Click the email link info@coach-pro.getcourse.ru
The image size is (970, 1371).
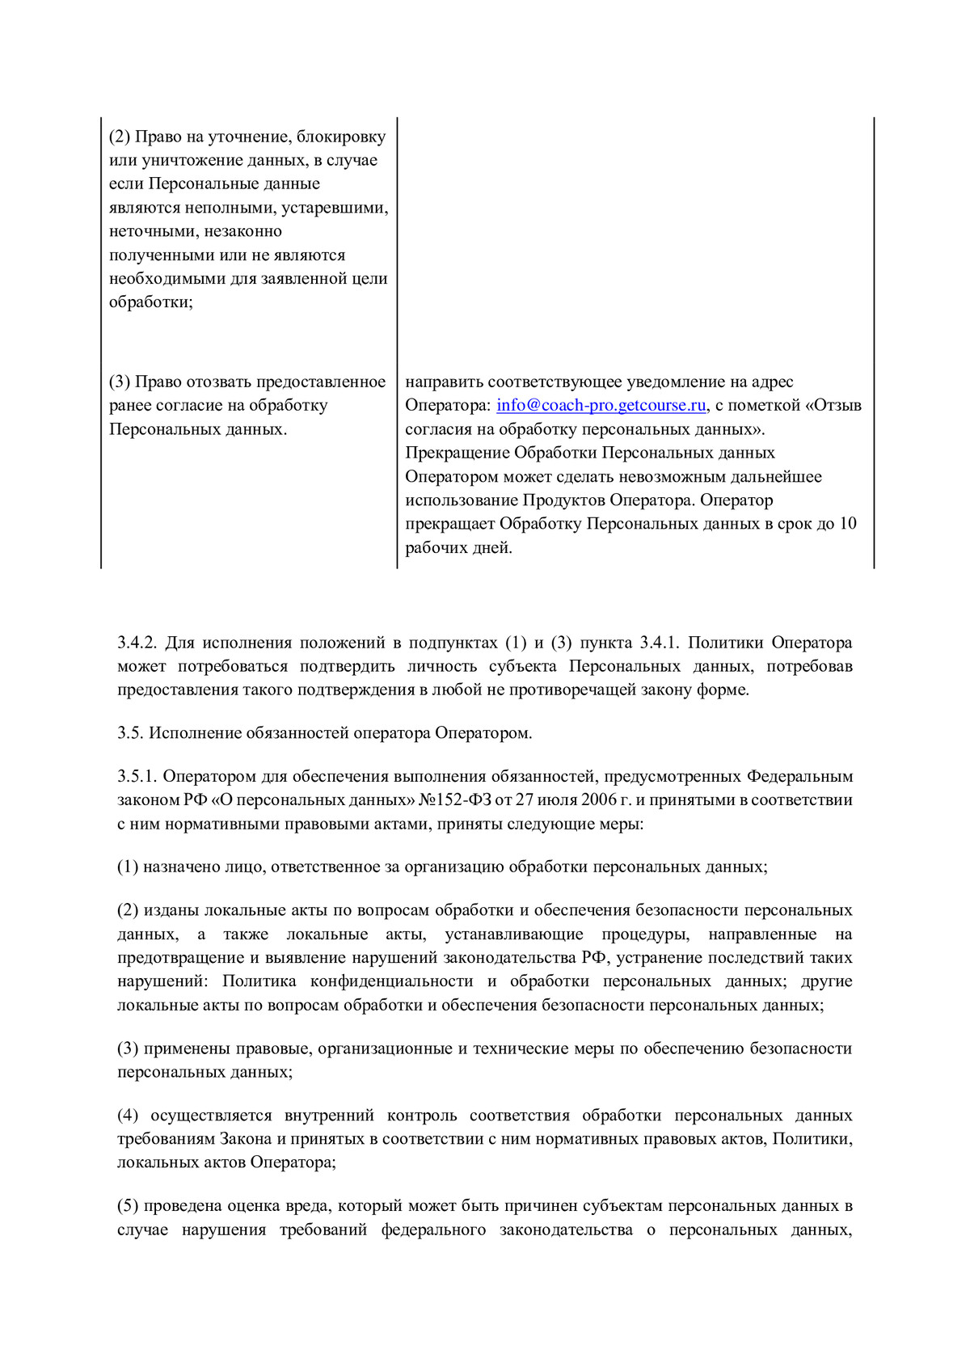point(602,406)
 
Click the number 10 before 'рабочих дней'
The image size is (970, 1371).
point(847,524)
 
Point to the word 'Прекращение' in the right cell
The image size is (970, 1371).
point(457,453)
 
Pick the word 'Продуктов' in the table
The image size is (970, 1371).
point(563,500)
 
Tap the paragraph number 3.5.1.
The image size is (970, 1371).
point(137,777)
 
